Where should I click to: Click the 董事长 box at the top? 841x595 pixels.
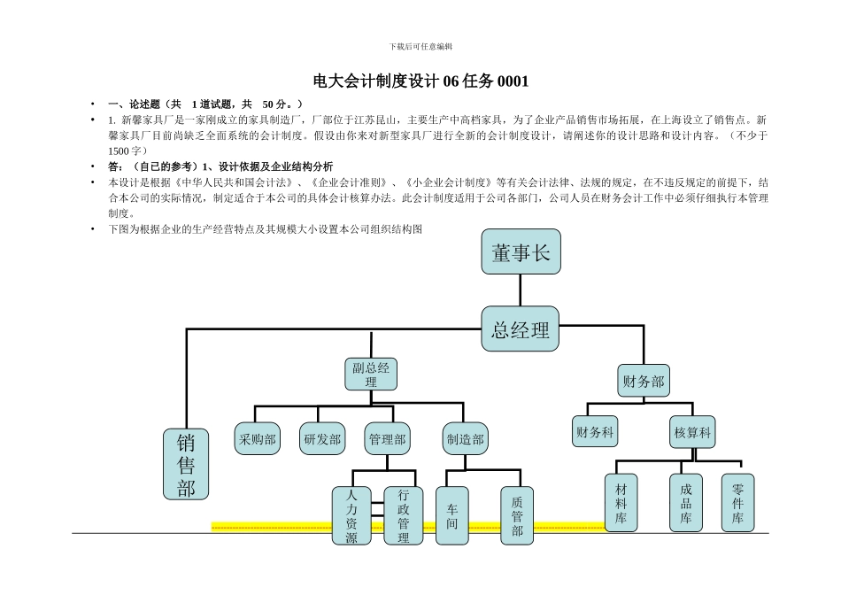tap(521, 253)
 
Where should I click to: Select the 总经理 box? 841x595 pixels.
tap(521, 330)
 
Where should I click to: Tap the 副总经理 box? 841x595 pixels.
tap(371, 375)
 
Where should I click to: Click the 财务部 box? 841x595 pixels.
tap(643, 382)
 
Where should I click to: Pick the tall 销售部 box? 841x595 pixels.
tap(186, 464)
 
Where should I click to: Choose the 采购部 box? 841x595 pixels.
tap(258, 438)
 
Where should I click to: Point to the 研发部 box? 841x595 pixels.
tap(322, 438)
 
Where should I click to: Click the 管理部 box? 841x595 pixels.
tap(388, 438)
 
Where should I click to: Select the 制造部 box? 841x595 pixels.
tap(465, 438)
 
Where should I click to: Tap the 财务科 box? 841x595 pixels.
tap(595, 432)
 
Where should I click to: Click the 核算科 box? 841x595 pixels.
tap(692, 432)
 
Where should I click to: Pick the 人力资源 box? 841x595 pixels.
tap(351, 515)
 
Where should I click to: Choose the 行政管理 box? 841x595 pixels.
tap(404, 515)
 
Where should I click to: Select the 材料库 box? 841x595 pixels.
tap(621, 503)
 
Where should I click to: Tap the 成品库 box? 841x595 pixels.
tap(686, 503)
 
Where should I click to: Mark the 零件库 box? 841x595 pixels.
tap(738, 503)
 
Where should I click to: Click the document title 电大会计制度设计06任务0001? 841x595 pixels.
tap(420, 81)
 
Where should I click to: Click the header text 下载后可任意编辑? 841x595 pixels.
tap(420, 46)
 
